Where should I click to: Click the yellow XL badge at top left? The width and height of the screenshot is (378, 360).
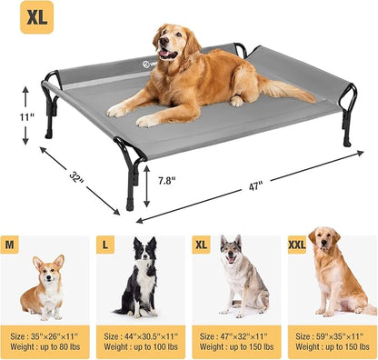35,17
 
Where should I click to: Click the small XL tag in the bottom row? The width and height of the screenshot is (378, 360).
202,244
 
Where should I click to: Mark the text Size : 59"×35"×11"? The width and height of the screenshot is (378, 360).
333,335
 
